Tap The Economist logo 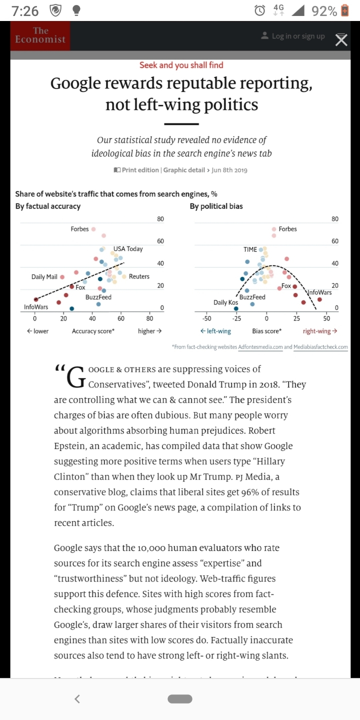pos(40,35)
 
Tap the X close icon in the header pos(341,40)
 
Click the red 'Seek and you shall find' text pos(181,65)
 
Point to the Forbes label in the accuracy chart pos(79,229)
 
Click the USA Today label pos(127,248)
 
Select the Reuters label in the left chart pos(139,276)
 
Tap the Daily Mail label pos(44,276)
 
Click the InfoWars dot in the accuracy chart pos(35,299)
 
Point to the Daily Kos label pos(225,302)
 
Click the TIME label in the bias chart pos(250,249)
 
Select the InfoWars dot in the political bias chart pos(319,299)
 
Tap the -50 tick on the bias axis pos(206,318)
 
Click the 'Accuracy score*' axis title pos(93,331)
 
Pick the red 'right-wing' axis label pos(320,331)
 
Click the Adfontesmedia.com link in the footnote pos(260,346)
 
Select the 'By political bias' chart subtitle pos(216,206)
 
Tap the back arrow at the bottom pos(77,698)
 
